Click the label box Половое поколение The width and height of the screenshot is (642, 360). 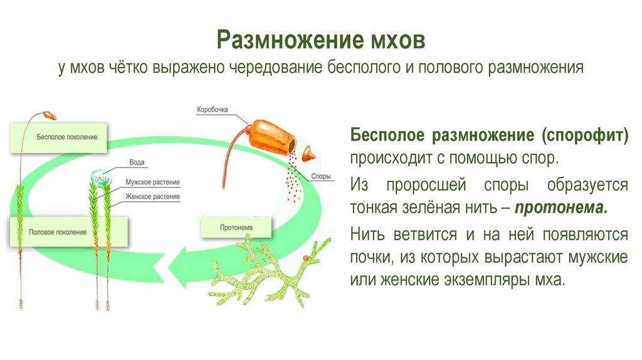(x=58, y=232)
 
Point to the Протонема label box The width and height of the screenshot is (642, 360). (x=237, y=226)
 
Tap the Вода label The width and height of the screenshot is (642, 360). (x=136, y=162)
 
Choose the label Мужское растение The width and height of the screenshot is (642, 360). (x=152, y=183)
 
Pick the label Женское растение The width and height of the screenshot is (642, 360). (x=152, y=196)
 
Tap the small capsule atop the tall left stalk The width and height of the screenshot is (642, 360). (x=48, y=116)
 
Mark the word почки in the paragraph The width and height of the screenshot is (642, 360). (x=371, y=257)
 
